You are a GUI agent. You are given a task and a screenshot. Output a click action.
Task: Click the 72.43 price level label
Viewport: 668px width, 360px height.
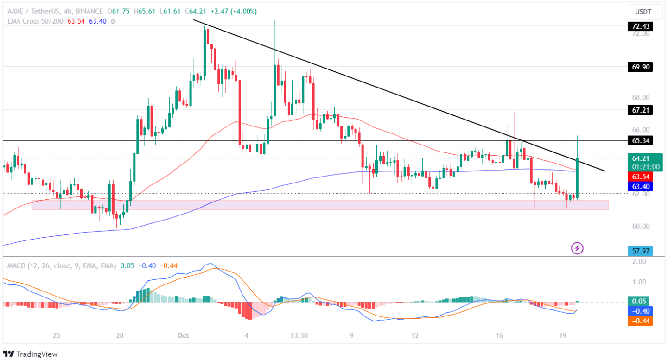[640, 26]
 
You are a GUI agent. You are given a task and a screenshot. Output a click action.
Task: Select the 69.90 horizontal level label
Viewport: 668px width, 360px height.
[640, 67]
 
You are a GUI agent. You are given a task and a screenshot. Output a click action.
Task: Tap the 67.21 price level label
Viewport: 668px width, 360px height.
[640, 110]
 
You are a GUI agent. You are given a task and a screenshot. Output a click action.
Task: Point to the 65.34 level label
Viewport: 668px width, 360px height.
[640, 140]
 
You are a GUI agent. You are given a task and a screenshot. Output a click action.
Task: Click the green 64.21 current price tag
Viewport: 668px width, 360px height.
[640, 159]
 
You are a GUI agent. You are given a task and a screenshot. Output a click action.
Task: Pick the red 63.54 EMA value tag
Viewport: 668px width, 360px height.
[640, 177]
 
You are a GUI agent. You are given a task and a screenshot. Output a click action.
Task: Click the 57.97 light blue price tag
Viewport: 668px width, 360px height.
[640, 251]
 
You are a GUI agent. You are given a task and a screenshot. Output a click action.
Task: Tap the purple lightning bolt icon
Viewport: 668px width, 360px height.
[577, 248]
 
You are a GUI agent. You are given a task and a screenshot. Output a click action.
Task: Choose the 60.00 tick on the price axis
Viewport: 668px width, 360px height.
[640, 226]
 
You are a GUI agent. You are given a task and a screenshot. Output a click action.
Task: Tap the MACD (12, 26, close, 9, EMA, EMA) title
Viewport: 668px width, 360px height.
[61, 266]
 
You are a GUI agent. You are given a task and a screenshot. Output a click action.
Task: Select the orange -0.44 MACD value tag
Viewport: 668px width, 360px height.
[640, 320]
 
